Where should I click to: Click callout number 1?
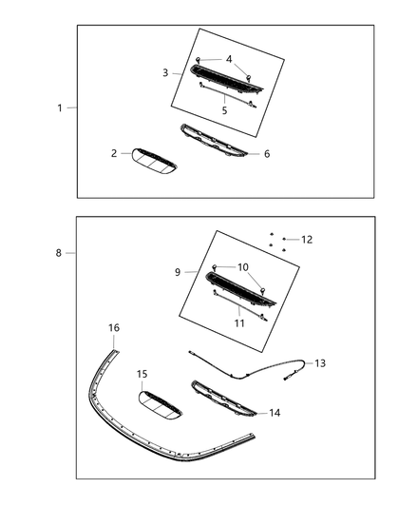59,108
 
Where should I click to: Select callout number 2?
113,153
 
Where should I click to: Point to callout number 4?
228,60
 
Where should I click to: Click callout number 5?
224,111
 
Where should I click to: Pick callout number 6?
266,153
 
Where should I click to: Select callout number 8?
59,253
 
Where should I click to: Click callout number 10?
243,267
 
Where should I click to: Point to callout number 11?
239,323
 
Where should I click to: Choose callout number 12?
306,240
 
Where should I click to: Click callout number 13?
320,363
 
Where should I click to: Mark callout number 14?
275,413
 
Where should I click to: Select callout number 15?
142,374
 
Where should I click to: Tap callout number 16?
113,328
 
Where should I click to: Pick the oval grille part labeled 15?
161,404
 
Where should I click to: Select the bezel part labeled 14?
225,398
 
